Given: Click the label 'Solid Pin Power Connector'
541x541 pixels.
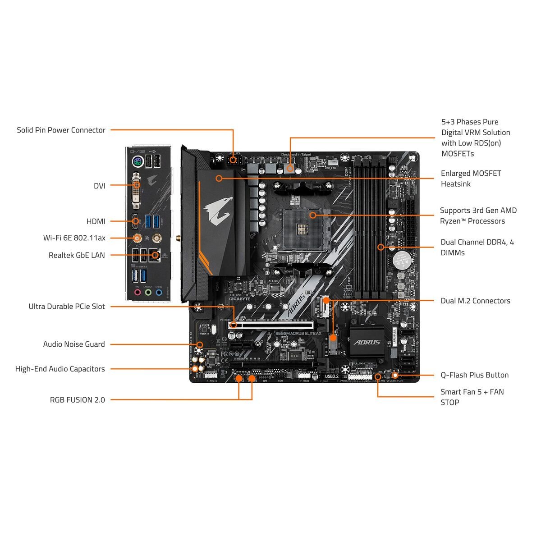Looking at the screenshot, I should [61, 130].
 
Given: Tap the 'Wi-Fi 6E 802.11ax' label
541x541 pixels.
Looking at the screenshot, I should [74, 238].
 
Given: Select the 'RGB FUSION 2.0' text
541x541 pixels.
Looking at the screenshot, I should [77, 400].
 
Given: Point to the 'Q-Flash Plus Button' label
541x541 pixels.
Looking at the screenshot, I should [474, 375].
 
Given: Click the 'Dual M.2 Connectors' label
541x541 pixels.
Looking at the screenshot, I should [475, 301].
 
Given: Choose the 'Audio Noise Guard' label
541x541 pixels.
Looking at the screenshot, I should [74, 344].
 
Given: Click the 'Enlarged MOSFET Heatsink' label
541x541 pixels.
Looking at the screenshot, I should [471, 179].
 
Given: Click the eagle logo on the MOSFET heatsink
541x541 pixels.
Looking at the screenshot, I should [219, 210].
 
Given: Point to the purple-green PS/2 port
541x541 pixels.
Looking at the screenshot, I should [138, 161].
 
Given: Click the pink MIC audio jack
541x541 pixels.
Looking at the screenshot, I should [137, 293].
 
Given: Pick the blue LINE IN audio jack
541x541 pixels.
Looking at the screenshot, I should [159, 293].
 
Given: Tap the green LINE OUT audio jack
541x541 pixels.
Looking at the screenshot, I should [148, 293].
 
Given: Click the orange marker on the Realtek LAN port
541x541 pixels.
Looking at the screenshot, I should [155, 255].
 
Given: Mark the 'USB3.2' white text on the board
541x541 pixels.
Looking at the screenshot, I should [331, 376].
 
